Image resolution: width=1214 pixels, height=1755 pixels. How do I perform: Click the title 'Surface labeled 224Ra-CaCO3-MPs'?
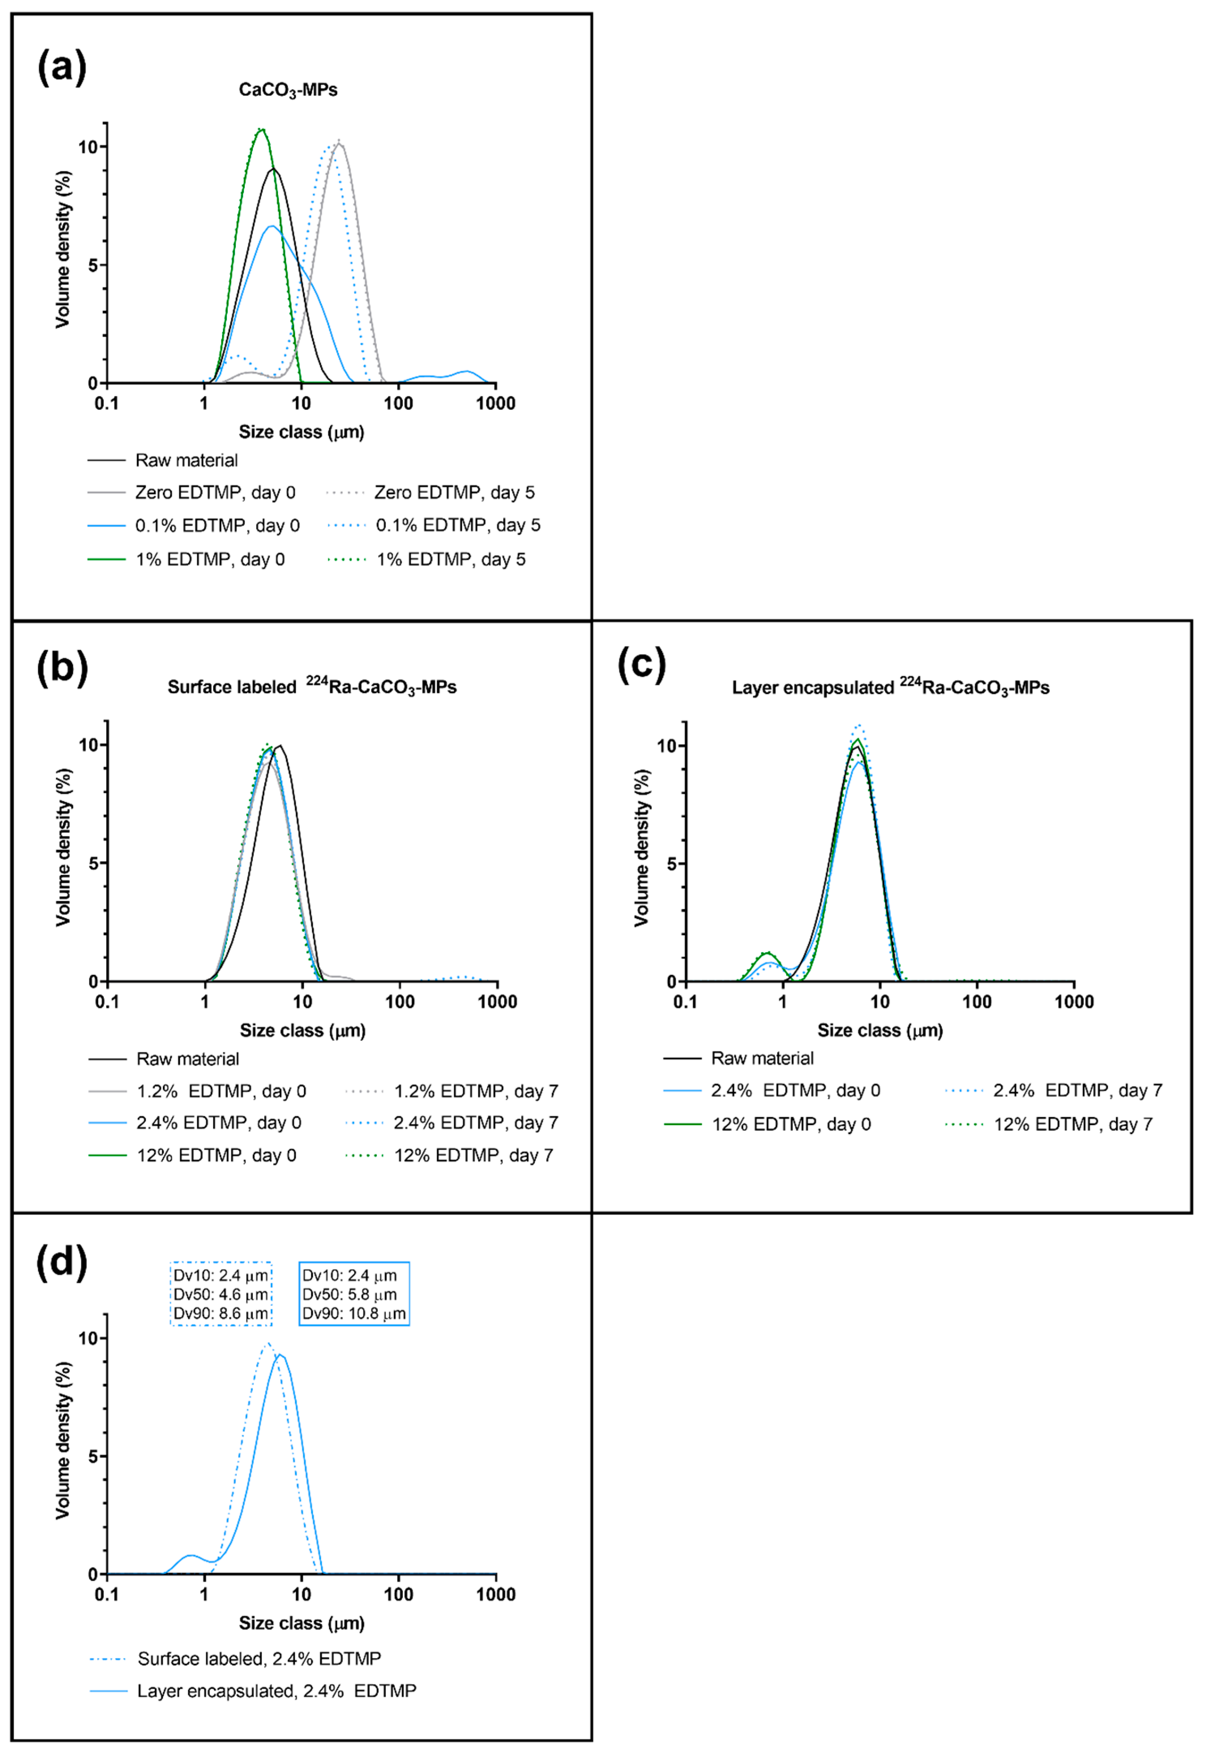(312, 687)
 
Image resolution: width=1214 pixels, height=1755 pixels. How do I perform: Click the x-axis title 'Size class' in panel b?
(303, 1031)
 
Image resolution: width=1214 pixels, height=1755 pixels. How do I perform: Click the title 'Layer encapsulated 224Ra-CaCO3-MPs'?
(890, 688)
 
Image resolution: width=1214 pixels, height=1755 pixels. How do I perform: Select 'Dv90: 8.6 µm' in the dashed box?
(220, 1314)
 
